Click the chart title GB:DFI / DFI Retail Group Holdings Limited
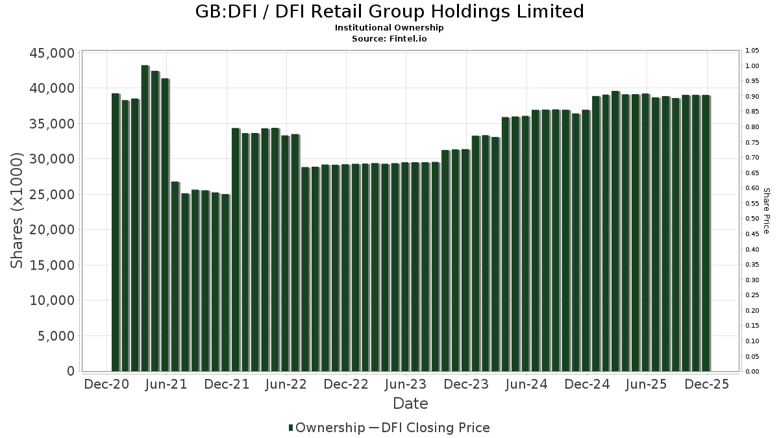389,12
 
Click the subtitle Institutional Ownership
389,28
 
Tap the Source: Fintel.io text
389,38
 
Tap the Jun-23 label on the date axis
406,385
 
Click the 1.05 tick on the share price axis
752,51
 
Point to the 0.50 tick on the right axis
752,219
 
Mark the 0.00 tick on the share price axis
752,372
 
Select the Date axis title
410,404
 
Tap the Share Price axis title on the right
766,211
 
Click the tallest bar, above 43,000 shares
145,218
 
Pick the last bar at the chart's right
705,234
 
